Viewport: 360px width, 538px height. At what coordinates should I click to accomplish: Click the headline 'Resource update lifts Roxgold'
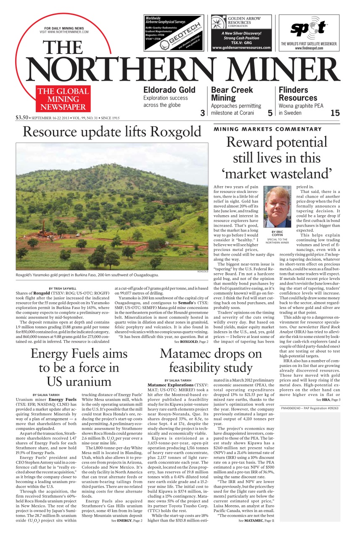(x=112, y=132)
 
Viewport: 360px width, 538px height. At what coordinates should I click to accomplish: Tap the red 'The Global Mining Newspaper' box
(x=64, y=99)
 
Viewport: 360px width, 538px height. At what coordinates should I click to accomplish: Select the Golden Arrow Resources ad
(x=241, y=32)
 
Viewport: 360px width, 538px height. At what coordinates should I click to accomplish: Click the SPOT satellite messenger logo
(x=310, y=29)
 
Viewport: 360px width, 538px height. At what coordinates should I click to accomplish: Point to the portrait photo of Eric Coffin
(x=277, y=207)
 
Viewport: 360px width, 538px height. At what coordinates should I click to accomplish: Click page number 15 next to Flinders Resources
(x=335, y=113)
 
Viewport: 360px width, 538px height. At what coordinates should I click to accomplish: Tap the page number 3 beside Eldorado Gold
(x=202, y=113)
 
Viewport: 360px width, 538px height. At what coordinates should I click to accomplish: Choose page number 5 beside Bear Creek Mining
(x=270, y=113)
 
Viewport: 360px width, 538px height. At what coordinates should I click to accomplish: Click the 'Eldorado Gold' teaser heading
(x=169, y=90)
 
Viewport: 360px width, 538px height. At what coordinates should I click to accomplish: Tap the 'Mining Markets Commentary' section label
(x=267, y=129)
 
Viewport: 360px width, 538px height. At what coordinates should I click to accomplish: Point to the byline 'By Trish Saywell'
(x=63, y=288)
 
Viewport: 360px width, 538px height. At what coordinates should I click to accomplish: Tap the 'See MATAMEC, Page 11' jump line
(x=256, y=521)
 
